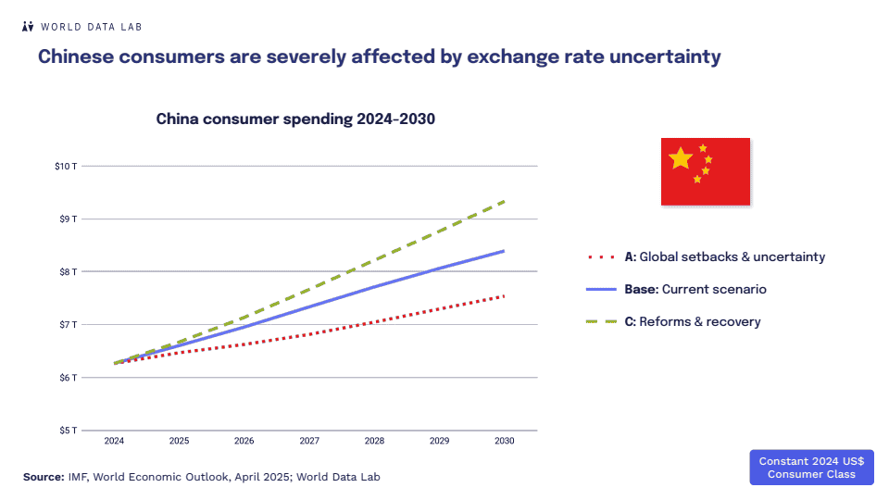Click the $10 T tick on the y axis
tap(67, 166)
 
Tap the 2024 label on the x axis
tap(114, 442)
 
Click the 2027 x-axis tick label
tap(309, 442)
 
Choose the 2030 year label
tap(505, 442)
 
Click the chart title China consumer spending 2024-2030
tap(295, 119)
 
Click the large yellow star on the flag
tap(681, 158)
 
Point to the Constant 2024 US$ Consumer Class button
tap(811, 468)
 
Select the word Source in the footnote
tap(43, 477)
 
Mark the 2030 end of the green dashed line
tap(504, 201)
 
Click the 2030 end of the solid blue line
tap(504, 251)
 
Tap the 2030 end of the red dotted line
tap(504, 296)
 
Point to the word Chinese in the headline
tap(79, 56)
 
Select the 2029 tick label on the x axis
tap(440, 442)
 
